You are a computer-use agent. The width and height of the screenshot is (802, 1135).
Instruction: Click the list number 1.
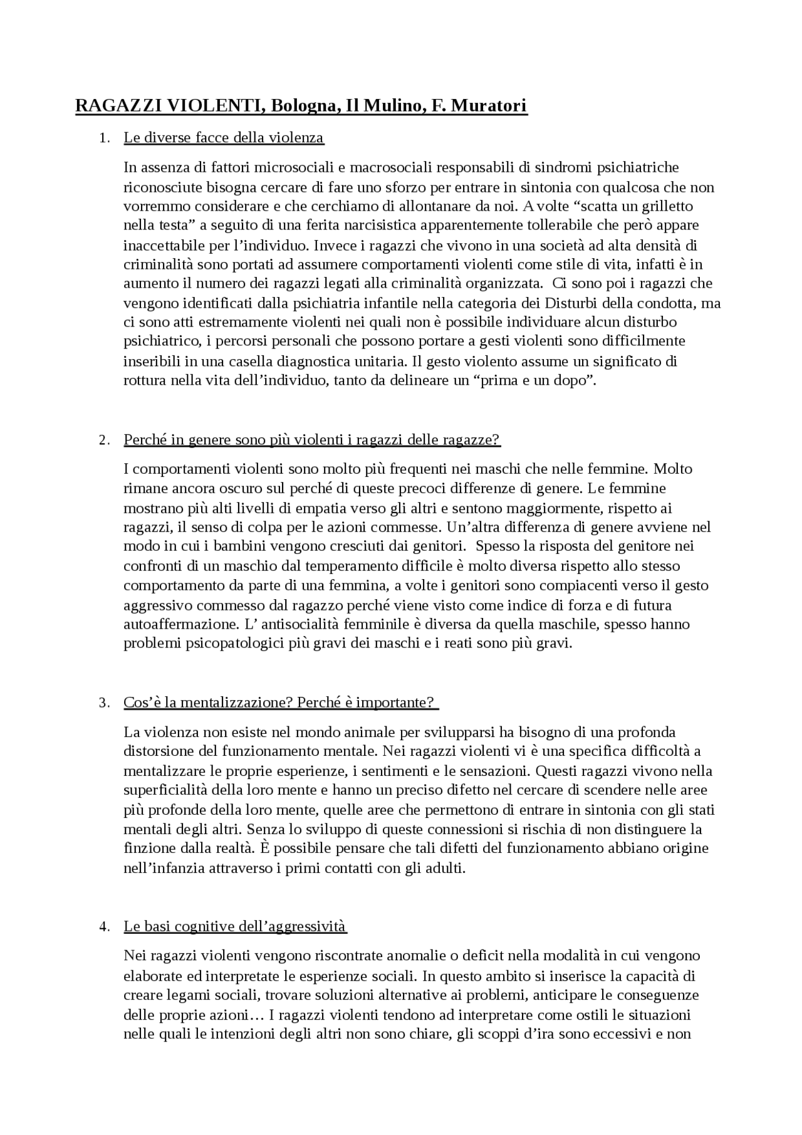pos(103,138)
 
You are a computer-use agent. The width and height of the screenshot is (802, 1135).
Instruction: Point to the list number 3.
pos(103,703)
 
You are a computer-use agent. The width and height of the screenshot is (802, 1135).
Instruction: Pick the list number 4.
pos(103,926)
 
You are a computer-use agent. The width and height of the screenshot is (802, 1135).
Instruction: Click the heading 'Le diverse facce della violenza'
pos(224,138)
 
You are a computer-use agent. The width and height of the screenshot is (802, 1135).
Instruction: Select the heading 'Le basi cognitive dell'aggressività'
pos(235,926)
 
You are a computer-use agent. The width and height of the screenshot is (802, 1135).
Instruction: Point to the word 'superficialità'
pos(170,790)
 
